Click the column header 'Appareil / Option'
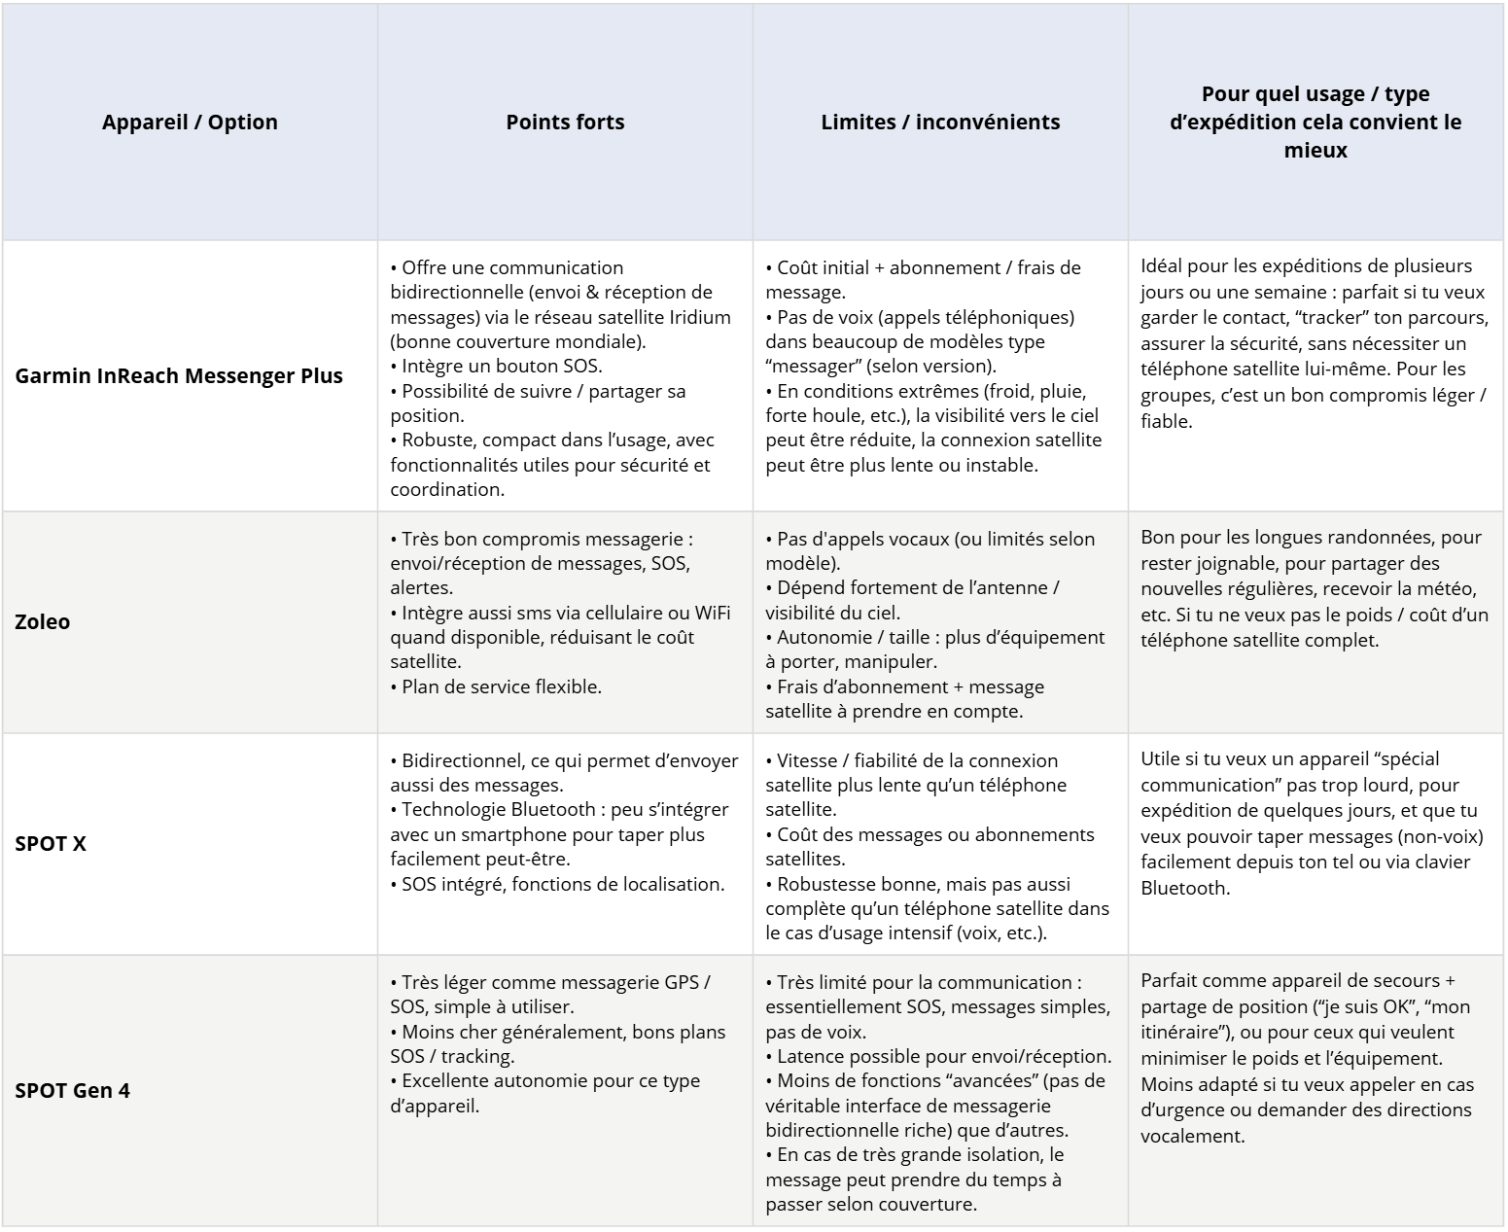[x=190, y=123]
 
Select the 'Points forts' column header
[x=565, y=123]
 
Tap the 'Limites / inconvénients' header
[x=940, y=123]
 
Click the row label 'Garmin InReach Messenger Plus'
[x=179, y=376]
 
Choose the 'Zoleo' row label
[x=43, y=622]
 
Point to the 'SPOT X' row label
[x=51, y=844]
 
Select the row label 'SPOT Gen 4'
[x=72, y=1091]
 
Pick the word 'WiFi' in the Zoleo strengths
[x=712, y=613]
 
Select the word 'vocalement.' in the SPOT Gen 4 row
[x=1192, y=1136]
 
